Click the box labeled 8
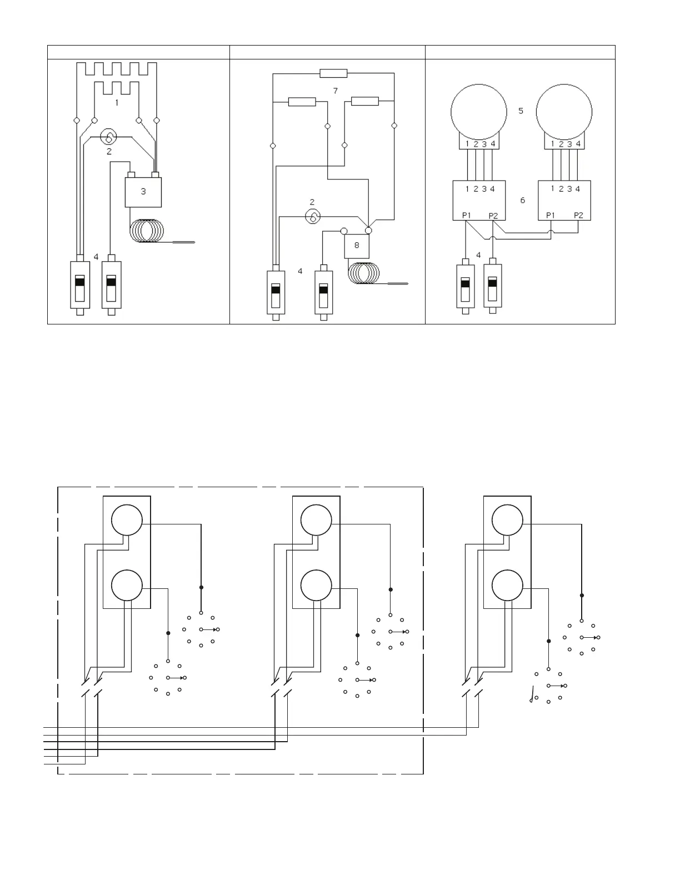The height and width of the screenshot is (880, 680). point(357,245)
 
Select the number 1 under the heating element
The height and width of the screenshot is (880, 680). point(117,103)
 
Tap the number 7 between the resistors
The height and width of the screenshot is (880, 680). point(335,91)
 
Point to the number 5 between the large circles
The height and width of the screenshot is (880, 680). point(521,111)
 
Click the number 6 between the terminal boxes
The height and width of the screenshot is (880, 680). point(522,200)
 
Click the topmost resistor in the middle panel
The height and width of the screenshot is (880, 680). point(333,73)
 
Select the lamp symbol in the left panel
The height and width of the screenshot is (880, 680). point(109,137)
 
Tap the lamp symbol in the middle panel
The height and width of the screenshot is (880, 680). point(313,216)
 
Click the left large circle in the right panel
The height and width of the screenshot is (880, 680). point(478,111)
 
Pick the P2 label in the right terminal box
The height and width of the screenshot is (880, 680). point(578,215)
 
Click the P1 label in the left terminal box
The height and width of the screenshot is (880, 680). point(467,215)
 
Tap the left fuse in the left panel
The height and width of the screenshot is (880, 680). point(80,284)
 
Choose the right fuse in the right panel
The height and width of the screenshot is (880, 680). point(492,284)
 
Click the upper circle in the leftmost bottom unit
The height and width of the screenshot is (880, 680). point(127,521)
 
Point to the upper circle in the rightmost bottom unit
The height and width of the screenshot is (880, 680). point(507,521)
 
